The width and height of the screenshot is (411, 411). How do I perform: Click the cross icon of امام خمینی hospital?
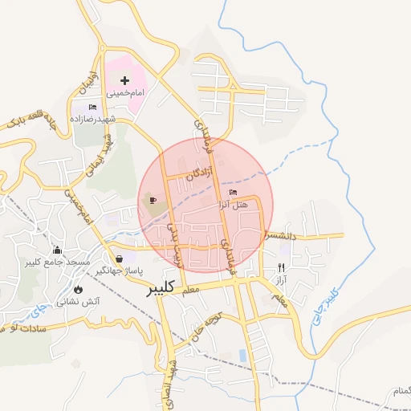[x=124, y=80]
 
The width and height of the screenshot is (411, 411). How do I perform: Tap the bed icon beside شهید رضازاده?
[x=92, y=107]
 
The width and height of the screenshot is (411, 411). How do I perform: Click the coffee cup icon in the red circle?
[x=153, y=200]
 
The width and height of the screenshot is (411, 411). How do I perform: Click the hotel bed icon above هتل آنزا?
[x=233, y=193]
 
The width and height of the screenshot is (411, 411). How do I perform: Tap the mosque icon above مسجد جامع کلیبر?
[x=56, y=250]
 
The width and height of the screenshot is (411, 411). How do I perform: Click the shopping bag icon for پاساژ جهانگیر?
[x=120, y=258]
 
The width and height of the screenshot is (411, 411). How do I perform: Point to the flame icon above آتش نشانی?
[x=78, y=289]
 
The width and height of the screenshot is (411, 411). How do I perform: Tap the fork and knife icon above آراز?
[x=280, y=267]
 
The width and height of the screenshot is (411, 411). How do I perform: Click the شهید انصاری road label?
[x=169, y=377]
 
